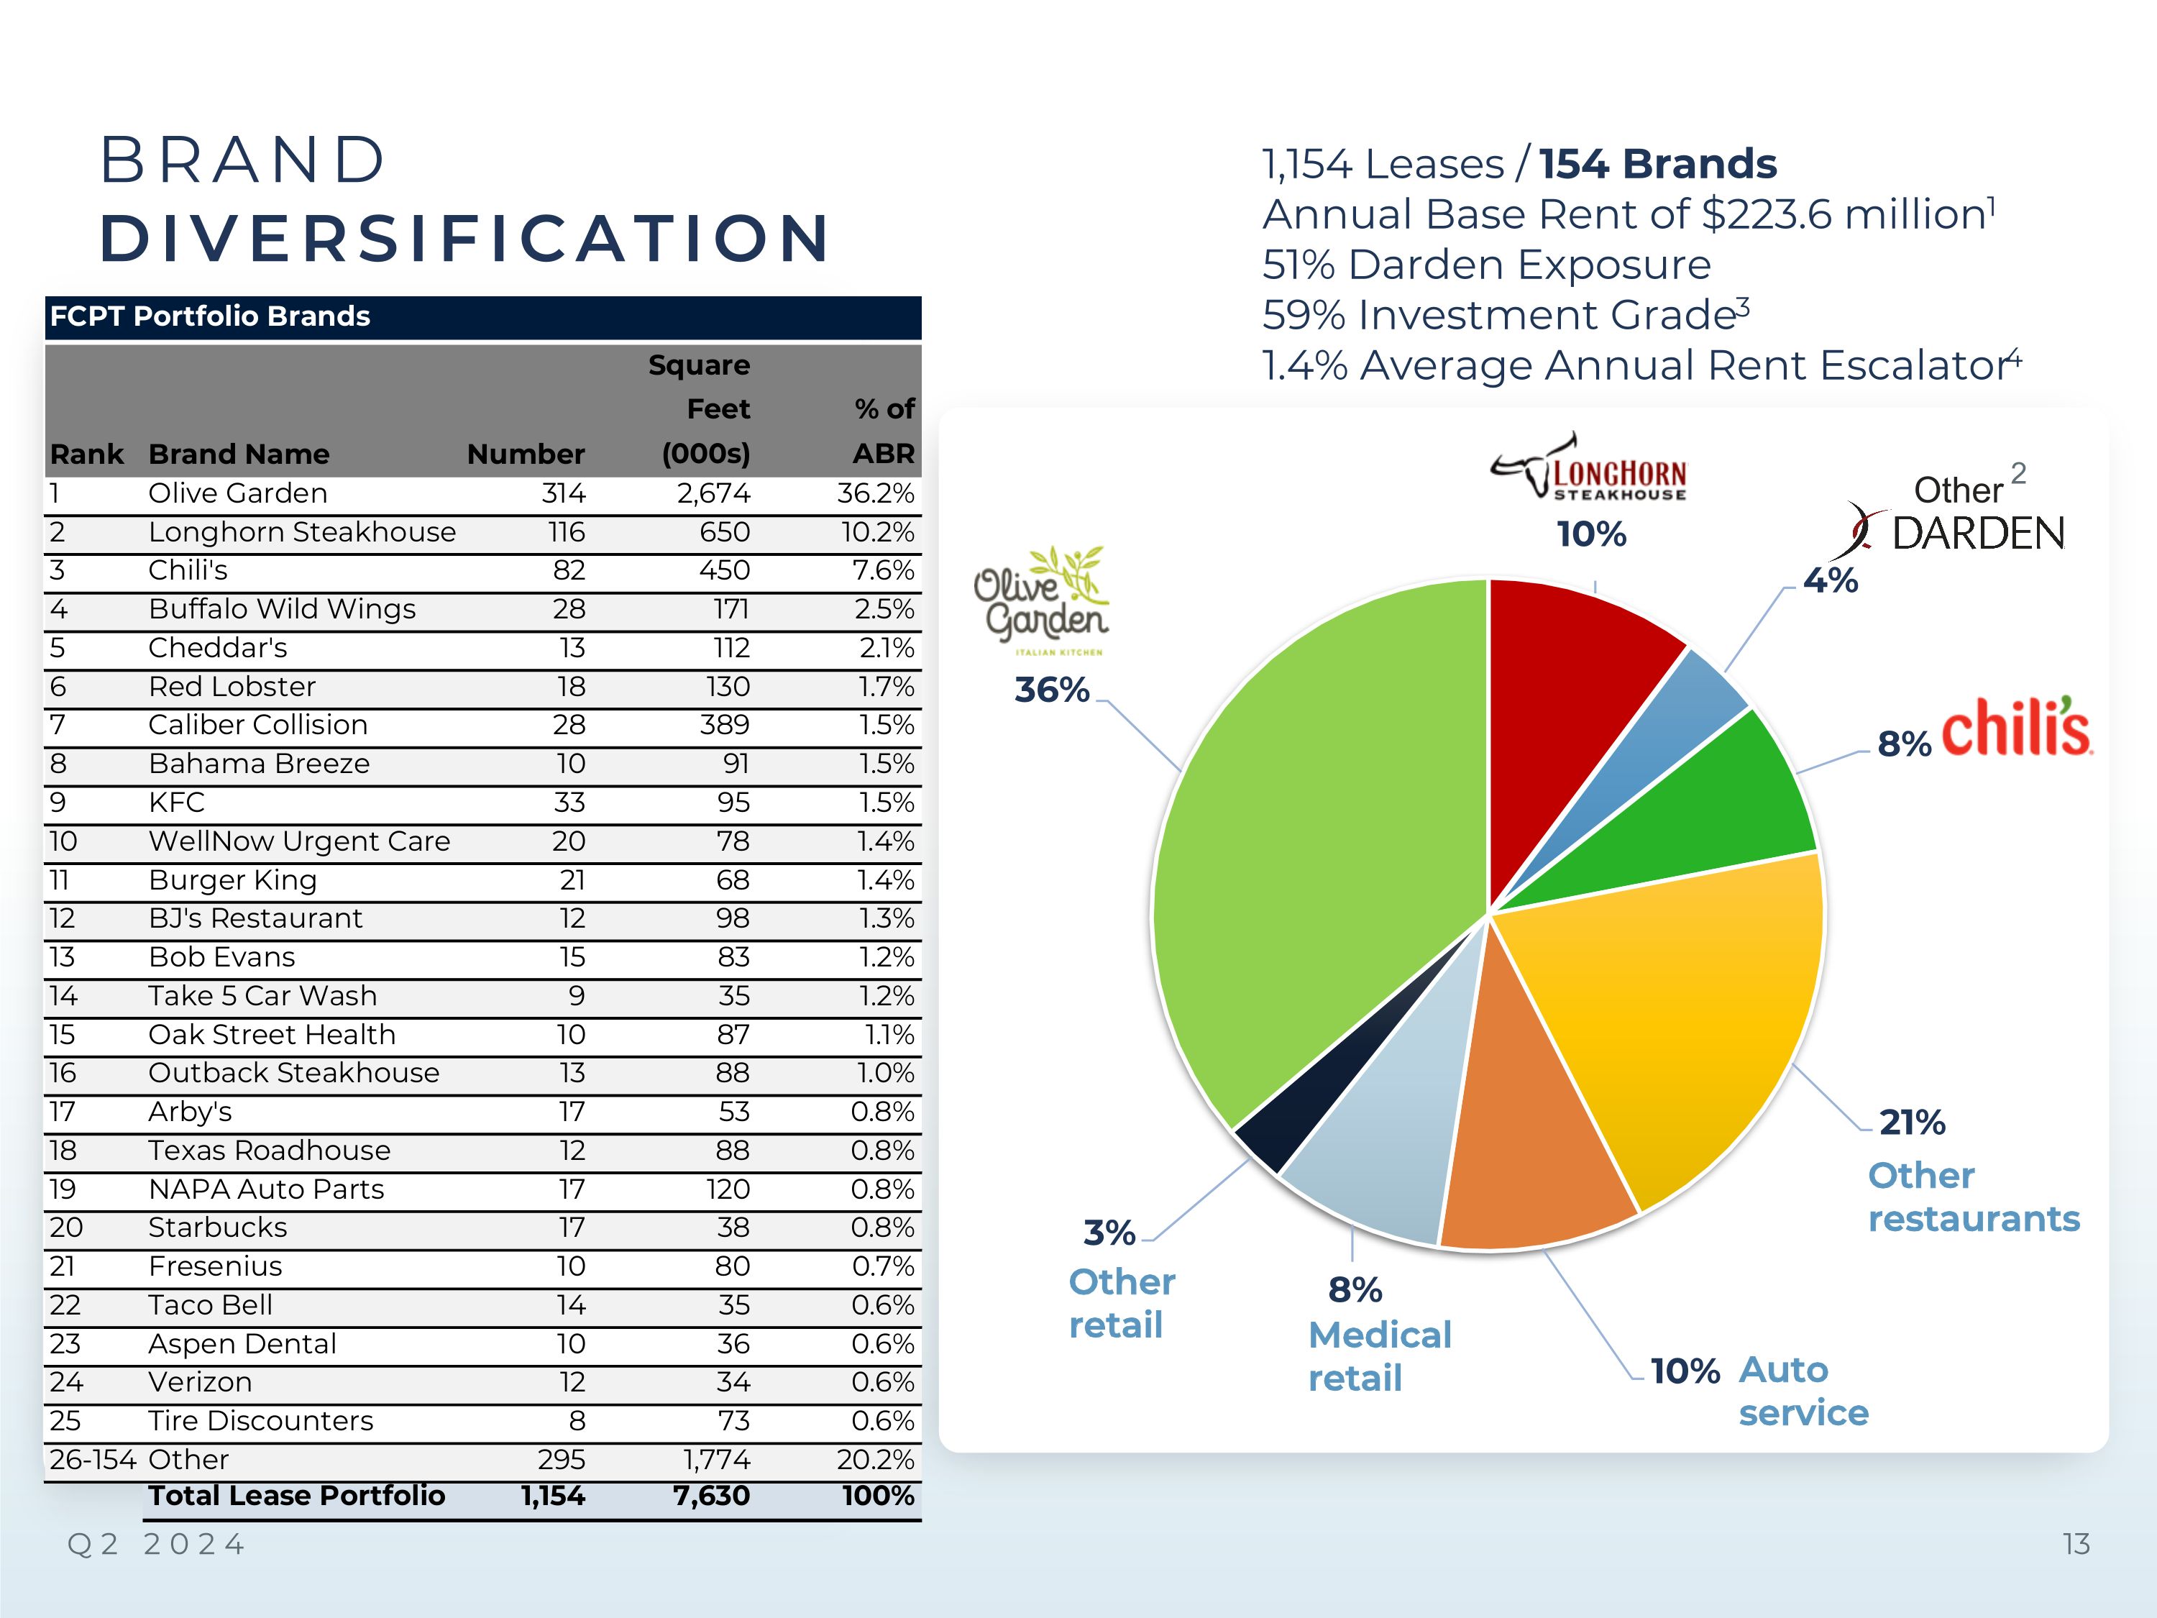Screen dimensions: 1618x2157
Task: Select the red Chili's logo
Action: (2015, 728)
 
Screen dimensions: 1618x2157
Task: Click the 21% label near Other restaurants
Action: (1911, 1123)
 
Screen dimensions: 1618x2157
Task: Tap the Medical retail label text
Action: (1379, 1356)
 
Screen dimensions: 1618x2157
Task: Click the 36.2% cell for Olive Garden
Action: (875, 493)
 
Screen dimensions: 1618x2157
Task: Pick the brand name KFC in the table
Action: (176, 803)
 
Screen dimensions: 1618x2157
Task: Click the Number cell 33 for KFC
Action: (569, 803)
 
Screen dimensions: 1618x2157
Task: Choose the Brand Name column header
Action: (239, 454)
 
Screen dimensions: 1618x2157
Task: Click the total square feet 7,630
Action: (711, 1496)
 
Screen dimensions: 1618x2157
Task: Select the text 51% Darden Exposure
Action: (1486, 265)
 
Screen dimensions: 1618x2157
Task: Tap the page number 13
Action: (2075, 1544)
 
